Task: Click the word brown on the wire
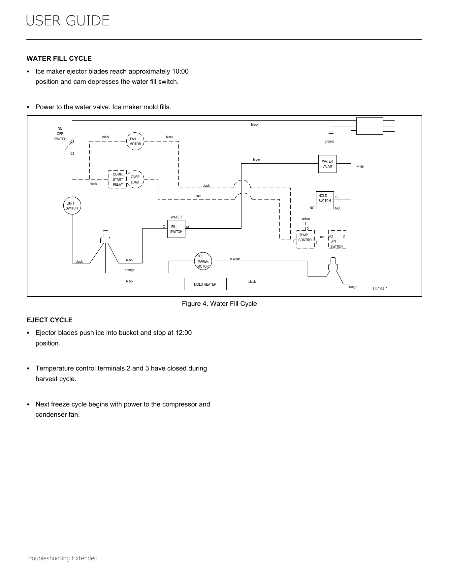pos(257,160)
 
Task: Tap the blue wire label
pos(198,196)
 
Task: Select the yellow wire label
pos(306,219)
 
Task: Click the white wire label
pos(360,167)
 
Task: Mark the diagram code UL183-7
pos(380,289)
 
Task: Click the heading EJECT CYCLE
pos(49,320)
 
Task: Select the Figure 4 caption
pos(219,304)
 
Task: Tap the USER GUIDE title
pos(68,21)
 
